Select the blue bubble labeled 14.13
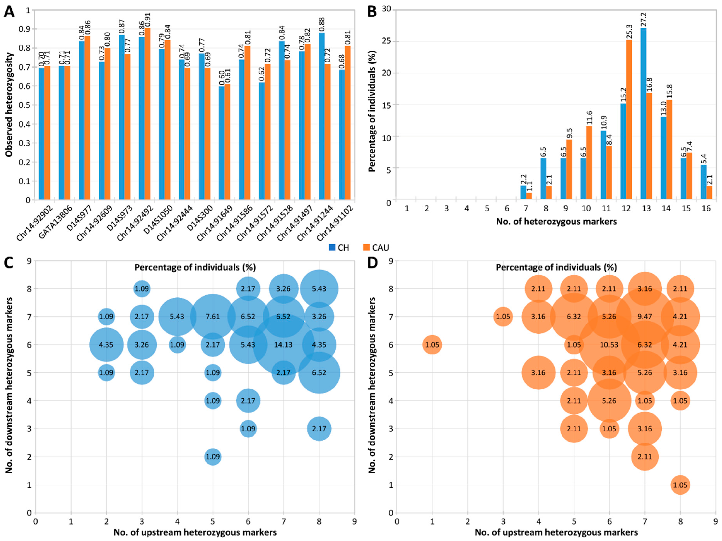pyautogui.click(x=283, y=345)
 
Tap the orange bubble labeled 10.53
pyautogui.click(x=609, y=345)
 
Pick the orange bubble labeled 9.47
pyautogui.click(x=645, y=317)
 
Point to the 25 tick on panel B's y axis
pyautogui.click(x=387, y=41)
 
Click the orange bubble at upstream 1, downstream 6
pyautogui.click(x=432, y=345)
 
